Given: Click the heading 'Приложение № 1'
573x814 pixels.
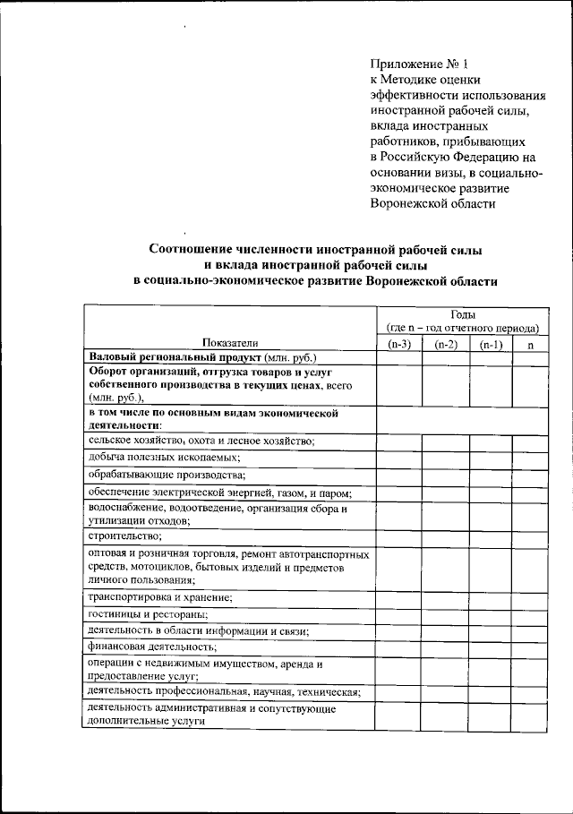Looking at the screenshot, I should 419,64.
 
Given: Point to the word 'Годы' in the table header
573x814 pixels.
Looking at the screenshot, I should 463,314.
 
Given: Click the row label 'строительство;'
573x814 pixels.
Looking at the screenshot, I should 125,536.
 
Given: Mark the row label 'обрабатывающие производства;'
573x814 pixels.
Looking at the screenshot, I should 167,474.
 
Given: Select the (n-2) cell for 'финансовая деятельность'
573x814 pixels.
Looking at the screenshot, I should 445,646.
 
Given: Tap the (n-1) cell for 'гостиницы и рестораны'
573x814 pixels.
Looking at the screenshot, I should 490,614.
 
